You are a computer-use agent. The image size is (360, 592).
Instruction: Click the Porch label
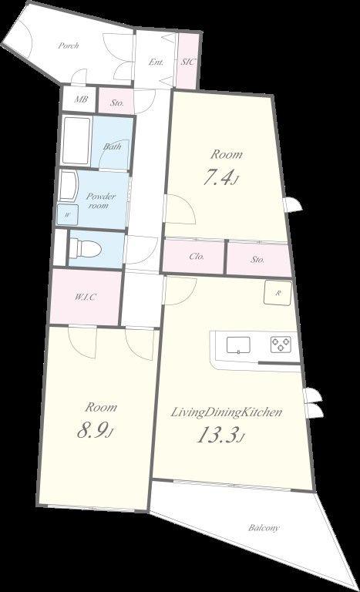pyautogui.click(x=69, y=45)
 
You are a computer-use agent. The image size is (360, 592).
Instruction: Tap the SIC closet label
pyautogui.click(x=188, y=62)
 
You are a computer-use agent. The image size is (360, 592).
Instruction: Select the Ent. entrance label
pyautogui.click(x=156, y=62)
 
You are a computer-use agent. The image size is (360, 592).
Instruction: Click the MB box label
pyautogui.click(x=81, y=99)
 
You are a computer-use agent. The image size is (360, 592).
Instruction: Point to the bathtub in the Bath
pyautogui.click(x=76, y=141)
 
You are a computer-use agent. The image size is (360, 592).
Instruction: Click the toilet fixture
pyautogui.click(x=86, y=249)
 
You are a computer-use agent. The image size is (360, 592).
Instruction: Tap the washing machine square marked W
pyautogui.click(x=67, y=214)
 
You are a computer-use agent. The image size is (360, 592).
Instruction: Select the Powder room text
pyautogui.click(x=100, y=201)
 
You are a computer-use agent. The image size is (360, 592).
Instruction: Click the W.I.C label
pyautogui.click(x=86, y=297)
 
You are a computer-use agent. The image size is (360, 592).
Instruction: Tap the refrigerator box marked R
pyautogui.click(x=278, y=293)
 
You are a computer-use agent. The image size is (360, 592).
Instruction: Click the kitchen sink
pyautogui.click(x=238, y=345)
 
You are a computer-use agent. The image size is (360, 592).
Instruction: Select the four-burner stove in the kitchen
pyautogui.click(x=281, y=344)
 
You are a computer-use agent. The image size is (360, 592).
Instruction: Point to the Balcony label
pyautogui.click(x=264, y=528)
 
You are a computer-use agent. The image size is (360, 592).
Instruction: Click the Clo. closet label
pyautogui.click(x=197, y=257)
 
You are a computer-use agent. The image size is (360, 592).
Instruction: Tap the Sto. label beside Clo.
pyautogui.click(x=257, y=259)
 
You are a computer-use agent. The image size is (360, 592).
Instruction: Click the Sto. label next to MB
pyautogui.click(x=117, y=103)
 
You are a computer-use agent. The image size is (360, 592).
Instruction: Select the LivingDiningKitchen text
pyautogui.click(x=227, y=412)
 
